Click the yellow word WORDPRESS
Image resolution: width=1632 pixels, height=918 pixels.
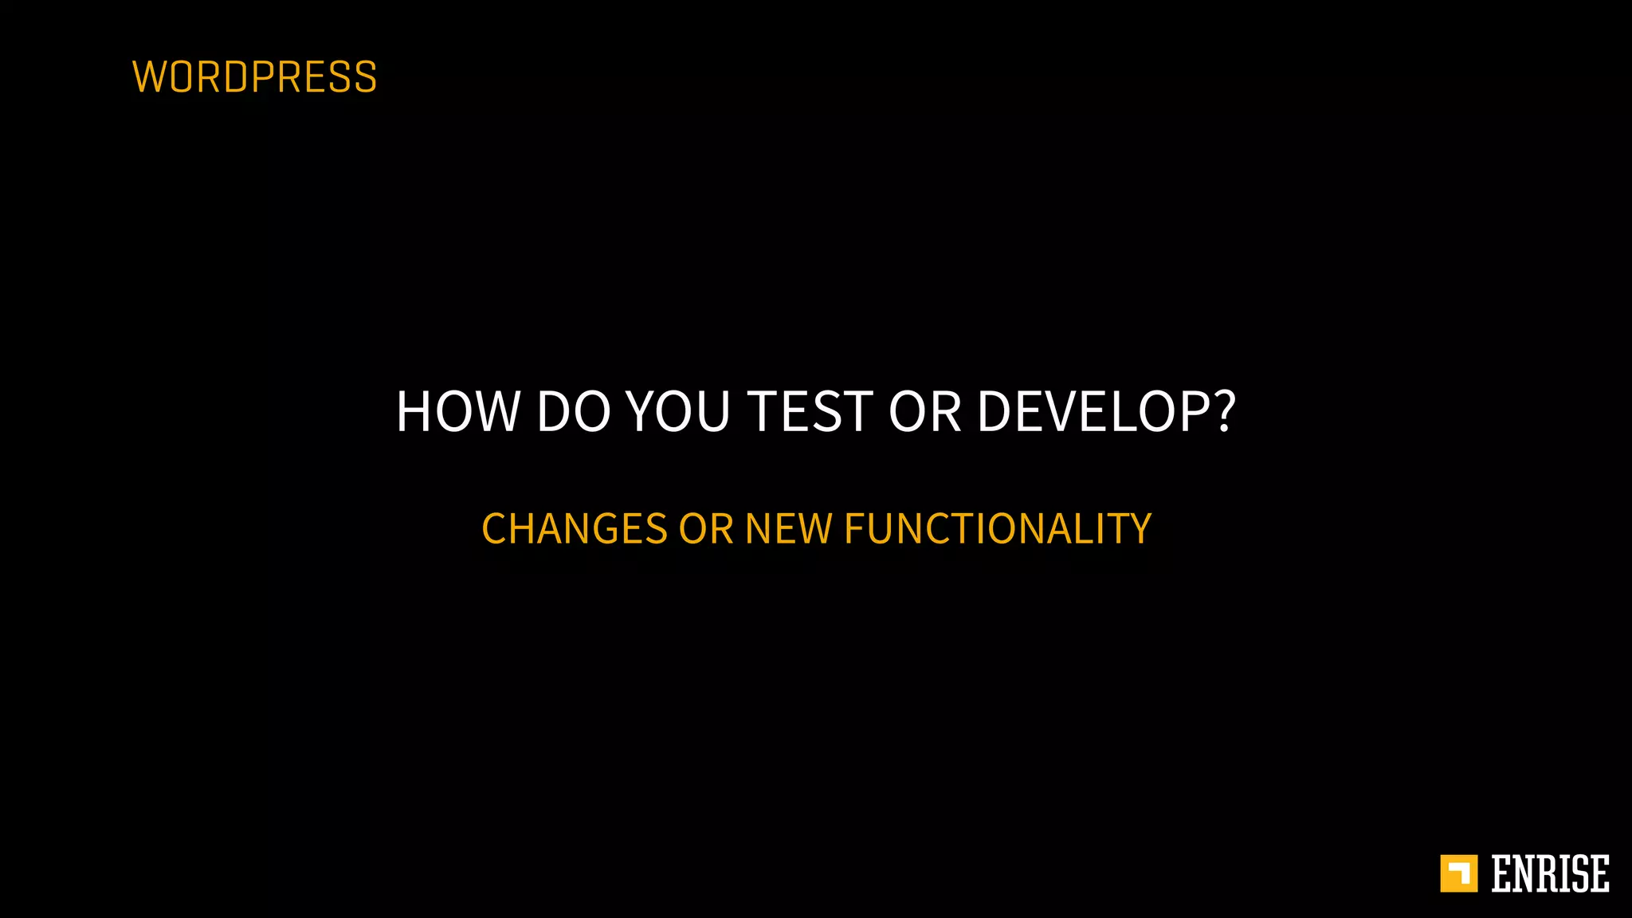tap(254, 77)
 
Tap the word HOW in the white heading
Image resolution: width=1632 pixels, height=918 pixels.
tap(457, 411)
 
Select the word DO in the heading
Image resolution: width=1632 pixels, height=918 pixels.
tap(572, 411)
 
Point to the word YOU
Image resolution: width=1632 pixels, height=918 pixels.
tap(678, 411)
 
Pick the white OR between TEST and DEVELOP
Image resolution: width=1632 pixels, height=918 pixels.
tap(924, 411)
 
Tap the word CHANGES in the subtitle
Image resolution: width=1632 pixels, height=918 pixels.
tap(575, 529)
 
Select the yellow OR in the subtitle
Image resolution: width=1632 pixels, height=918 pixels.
tap(705, 529)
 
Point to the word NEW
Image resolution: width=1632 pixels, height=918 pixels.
tap(788, 529)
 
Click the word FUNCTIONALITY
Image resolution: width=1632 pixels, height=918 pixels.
tap(997, 529)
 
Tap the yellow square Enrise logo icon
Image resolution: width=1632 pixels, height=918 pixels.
tap(1458, 873)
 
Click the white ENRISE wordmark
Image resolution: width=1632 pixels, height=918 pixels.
tap(1550, 873)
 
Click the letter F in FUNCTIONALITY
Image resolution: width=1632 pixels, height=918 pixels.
tap(854, 529)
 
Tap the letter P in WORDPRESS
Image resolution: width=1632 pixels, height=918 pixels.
tap(264, 77)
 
